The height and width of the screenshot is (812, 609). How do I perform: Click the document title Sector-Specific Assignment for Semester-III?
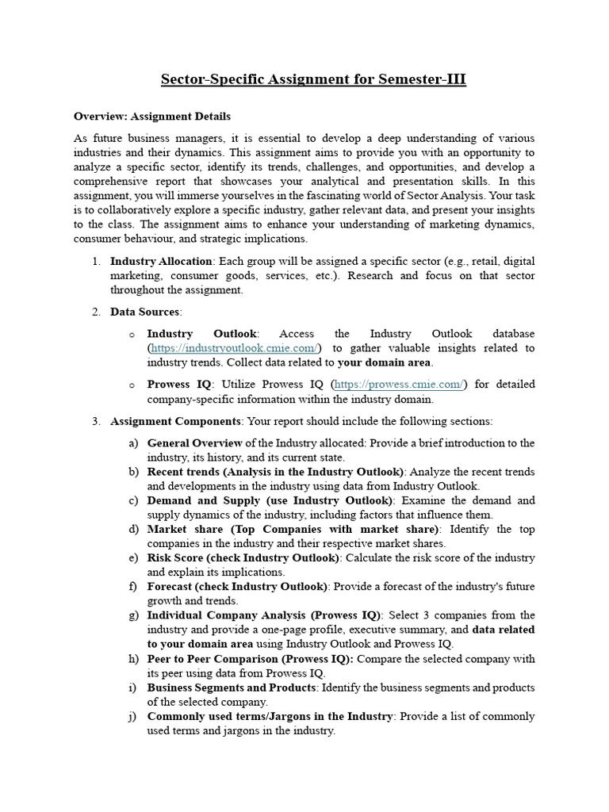point(313,79)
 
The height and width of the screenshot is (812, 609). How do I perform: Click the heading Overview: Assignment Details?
point(152,116)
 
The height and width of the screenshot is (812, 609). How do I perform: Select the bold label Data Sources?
point(145,312)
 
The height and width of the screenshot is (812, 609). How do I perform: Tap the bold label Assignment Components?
point(174,421)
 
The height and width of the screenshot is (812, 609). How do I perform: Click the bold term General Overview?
point(194,442)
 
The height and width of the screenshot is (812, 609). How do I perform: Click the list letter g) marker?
point(133,615)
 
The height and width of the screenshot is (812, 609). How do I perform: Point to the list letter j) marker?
point(133,716)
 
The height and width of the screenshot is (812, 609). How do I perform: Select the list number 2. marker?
point(95,312)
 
